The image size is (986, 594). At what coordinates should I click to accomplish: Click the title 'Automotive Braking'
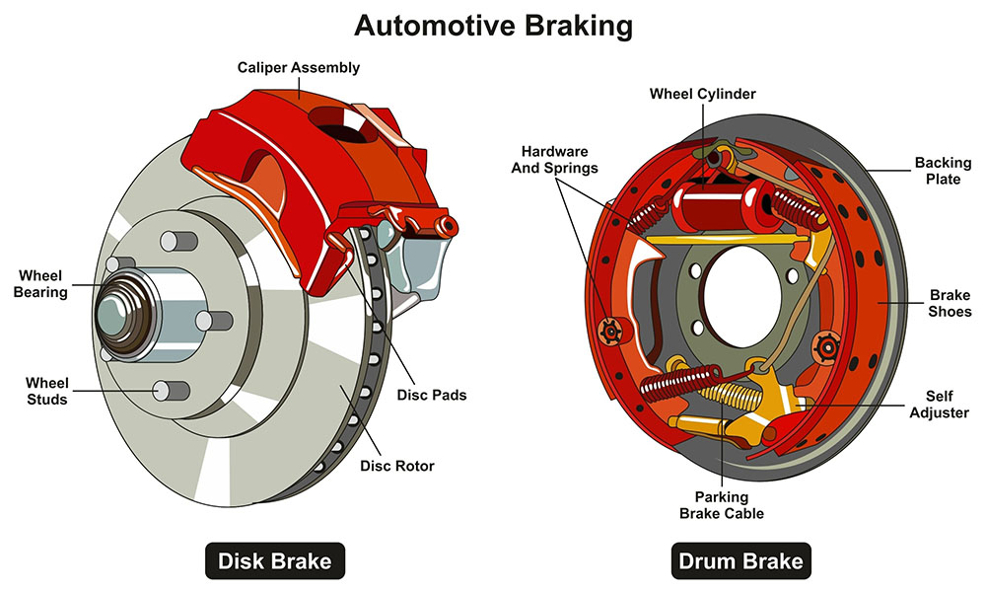tap(493, 25)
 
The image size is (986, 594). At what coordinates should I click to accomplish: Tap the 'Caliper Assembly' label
tap(298, 68)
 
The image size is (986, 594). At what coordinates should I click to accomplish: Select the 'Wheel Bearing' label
tap(41, 283)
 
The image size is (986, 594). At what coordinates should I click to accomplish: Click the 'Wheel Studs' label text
tap(45, 391)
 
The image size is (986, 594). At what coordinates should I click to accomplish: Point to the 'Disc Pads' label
tap(431, 395)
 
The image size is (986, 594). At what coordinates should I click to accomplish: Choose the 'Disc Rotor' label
tap(397, 466)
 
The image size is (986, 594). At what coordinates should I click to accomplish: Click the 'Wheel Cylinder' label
tap(702, 94)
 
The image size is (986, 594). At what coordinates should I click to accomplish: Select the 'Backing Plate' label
tap(943, 171)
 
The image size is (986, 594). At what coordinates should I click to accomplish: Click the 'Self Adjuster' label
tap(943, 405)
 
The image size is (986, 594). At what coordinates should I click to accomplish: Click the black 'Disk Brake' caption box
tap(275, 562)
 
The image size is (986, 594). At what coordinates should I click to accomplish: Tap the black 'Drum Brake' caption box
tap(739, 562)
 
